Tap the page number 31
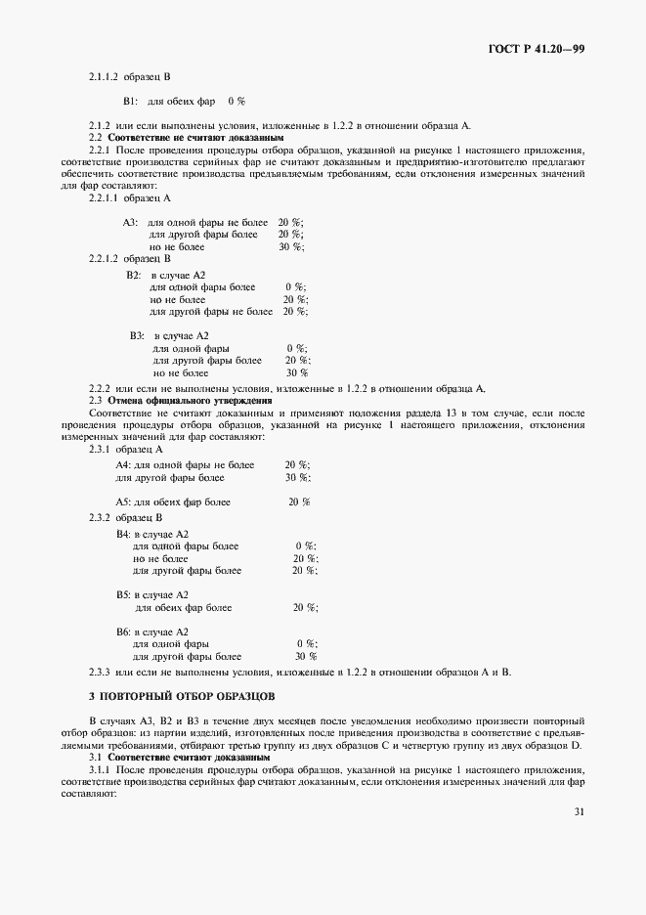pyautogui.click(x=578, y=810)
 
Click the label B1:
pyautogui.click(x=131, y=101)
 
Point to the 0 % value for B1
pyautogui.click(x=236, y=101)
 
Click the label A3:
pyautogui.click(x=131, y=222)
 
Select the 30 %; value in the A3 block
pyautogui.click(x=290, y=246)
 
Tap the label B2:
pyautogui.click(x=134, y=276)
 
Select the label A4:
pyautogui.click(x=123, y=465)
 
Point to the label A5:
pyautogui.click(x=123, y=501)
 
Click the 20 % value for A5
pyautogui.click(x=299, y=501)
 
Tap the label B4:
pyautogui.click(x=123, y=534)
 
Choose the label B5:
pyautogui.click(x=123, y=594)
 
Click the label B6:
pyautogui.click(x=123, y=632)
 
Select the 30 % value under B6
pyautogui.click(x=305, y=656)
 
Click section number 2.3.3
pyautogui.click(x=100, y=672)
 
